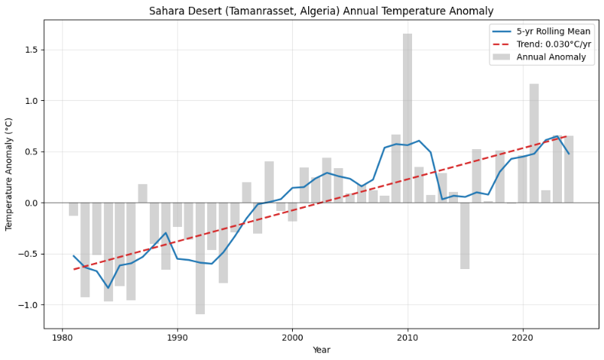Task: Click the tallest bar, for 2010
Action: (x=408, y=118)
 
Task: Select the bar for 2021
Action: (x=534, y=143)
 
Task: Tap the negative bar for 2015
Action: (x=465, y=235)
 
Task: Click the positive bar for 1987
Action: (x=143, y=193)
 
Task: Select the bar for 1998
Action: (x=269, y=182)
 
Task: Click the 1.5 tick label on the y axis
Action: (x=30, y=50)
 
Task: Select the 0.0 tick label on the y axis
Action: (x=30, y=203)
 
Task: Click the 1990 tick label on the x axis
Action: (x=177, y=337)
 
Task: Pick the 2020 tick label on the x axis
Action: (x=522, y=337)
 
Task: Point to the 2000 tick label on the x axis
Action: (x=292, y=337)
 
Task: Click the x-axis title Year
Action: (x=321, y=350)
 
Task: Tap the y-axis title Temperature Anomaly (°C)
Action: (x=10, y=174)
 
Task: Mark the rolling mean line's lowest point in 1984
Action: (x=109, y=288)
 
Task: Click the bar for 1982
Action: (x=85, y=250)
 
